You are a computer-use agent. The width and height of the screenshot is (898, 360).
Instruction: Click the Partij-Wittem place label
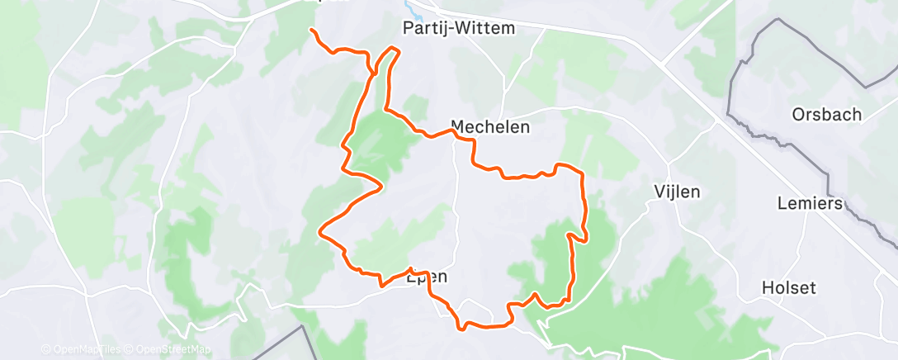tap(459, 29)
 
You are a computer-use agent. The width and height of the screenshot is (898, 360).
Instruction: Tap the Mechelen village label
tap(489, 128)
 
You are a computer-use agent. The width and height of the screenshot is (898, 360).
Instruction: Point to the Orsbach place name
tap(825, 115)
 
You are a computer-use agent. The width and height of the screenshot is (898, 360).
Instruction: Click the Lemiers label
tap(810, 203)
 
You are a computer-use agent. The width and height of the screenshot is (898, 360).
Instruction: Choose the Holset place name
tap(789, 288)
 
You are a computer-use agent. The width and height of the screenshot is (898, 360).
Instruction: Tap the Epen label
tap(428, 278)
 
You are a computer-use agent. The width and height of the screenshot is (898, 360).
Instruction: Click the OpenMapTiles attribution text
tap(86, 350)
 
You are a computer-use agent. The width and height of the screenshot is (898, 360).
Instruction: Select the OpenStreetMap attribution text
tap(173, 350)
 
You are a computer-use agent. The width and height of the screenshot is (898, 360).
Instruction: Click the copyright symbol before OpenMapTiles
tap(45, 350)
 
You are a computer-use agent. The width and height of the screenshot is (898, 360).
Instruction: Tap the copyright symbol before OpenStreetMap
tap(130, 350)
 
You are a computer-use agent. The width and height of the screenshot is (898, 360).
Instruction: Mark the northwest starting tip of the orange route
tap(312, 31)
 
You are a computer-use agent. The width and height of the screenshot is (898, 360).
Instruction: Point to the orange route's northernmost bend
tap(394, 50)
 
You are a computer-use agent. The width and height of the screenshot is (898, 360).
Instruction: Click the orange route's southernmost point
tap(463, 328)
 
